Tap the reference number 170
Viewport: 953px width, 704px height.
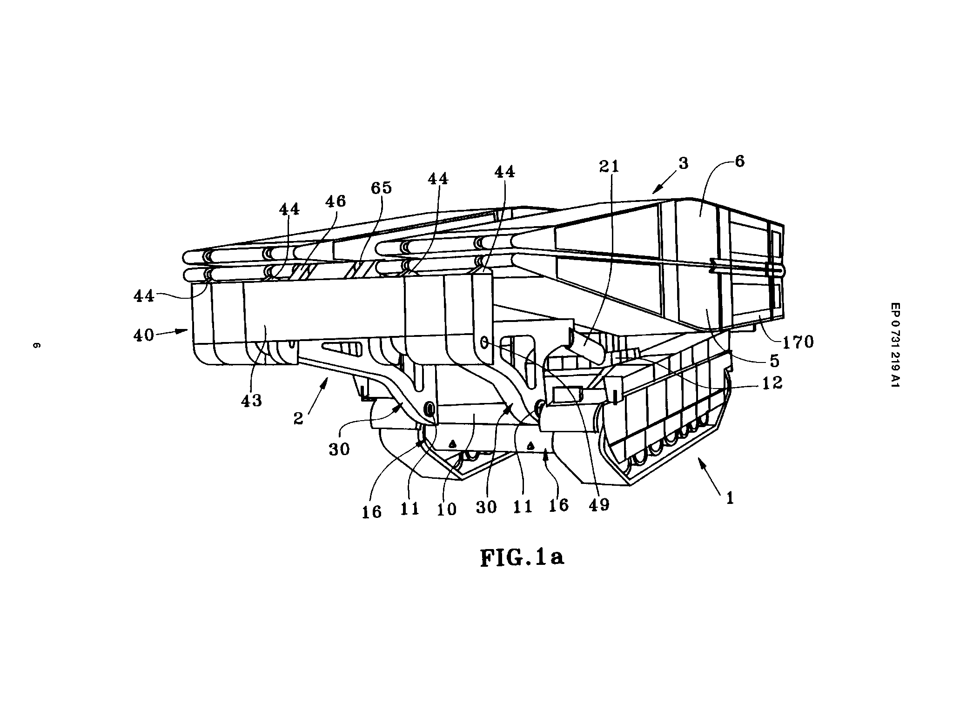pyautogui.click(x=798, y=342)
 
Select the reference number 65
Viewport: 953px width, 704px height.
pyautogui.click(x=381, y=188)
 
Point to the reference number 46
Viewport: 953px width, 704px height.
pyautogui.click(x=336, y=201)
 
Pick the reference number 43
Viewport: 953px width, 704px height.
pyautogui.click(x=252, y=400)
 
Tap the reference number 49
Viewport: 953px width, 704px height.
pyautogui.click(x=598, y=505)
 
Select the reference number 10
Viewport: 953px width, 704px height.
pyautogui.click(x=447, y=509)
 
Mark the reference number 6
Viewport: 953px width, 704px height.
pyautogui.click(x=739, y=161)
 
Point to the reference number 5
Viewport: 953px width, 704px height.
pyautogui.click(x=774, y=361)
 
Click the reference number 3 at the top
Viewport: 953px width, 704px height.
pyautogui.click(x=683, y=163)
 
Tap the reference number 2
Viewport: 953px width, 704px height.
pyautogui.click(x=298, y=418)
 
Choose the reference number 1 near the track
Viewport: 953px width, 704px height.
pyautogui.click(x=730, y=498)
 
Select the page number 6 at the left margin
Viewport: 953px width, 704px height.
pyautogui.click(x=36, y=346)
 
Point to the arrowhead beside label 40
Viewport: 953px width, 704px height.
pyautogui.click(x=183, y=330)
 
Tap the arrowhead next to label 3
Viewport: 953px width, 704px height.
pyautogui.click(x=657, y=189)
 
